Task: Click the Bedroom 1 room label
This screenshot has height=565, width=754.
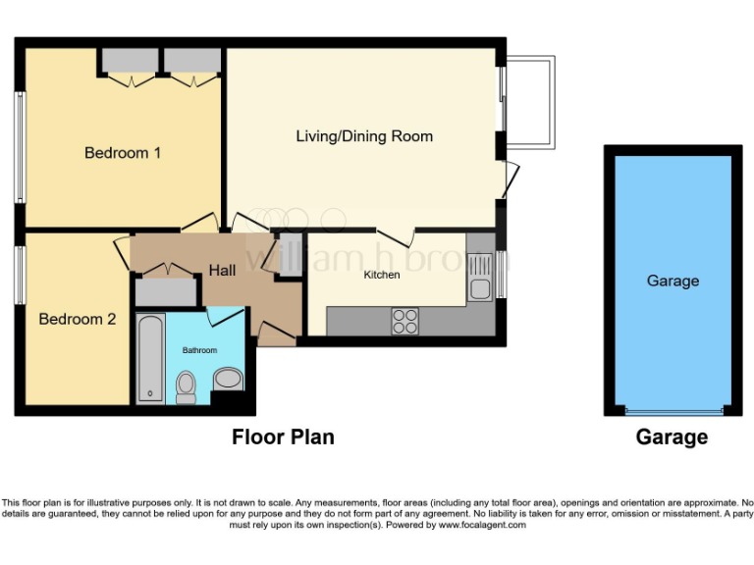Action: pyautogui.click(x=123, y=153)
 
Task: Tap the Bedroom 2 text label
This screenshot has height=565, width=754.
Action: pyautogui.click(x=78, y=319)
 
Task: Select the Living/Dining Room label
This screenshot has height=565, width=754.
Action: pyautogui.click(x=364, y=136)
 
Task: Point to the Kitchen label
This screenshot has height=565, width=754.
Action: pyautogui.click(x=382, y=276)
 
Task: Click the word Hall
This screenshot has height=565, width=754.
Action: pyautogui.click(x=222, y=270)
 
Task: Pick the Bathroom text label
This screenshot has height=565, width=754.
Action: pyautogui.click(x=199, y=350)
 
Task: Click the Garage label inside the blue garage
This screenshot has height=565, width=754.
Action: pyautogui.click(x=673, y=281)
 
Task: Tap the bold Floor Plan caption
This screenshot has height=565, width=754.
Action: pyautogui.click(x=283, y=437)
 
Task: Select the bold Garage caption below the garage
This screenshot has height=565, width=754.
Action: pyautogui.click(x=672, y=437)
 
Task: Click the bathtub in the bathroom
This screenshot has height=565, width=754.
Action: pyautogui.click(x=151, y=359)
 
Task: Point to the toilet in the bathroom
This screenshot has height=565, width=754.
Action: pyautogui.click(x=186, y=386)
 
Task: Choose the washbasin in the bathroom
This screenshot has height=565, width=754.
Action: pyautogui.click(x=227, y=380)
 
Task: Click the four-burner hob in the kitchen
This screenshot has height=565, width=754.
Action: pyautogui.click(x=405, y=321)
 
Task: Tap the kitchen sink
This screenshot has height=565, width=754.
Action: pyautogui.click(x=480, y=277)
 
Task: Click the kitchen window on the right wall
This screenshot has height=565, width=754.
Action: pyautogui.click(x=501, y=274)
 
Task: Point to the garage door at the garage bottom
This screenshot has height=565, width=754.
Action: pyautogui.click(x=673, y=411)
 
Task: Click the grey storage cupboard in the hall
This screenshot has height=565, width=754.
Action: pyautogui.click(x=165, y=291)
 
